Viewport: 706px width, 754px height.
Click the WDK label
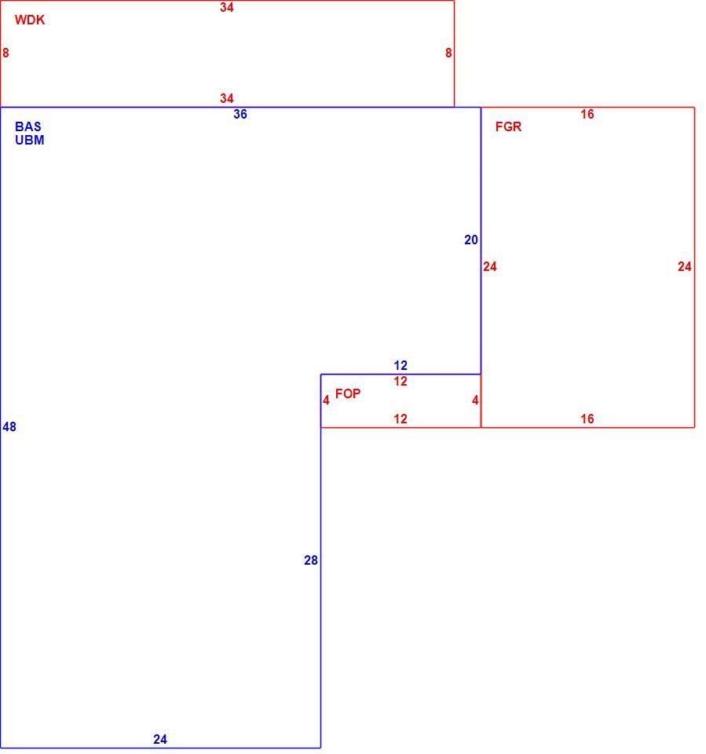(30, 20)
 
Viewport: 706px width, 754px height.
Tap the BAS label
(28, 126)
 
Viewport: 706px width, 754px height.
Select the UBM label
(29, 140)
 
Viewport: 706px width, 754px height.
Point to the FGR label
(508, 126)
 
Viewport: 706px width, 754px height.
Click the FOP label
(348, 393)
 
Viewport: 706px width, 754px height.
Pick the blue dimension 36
(240, 114)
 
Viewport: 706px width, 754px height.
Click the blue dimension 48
(9, 426)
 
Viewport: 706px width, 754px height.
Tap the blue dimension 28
(311, 560)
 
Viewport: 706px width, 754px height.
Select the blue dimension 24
(160, 739)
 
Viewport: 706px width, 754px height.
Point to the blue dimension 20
(471, 240)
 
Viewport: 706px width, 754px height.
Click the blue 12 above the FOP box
(401, 365)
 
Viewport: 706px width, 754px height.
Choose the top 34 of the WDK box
(226, 7)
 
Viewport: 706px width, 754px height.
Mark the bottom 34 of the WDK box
(226, 99)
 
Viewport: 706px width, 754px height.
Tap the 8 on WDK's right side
(448, 53)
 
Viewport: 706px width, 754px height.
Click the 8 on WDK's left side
(5, 53)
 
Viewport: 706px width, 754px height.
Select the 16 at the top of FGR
(587, 114)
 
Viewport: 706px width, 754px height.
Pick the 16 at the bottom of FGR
(587, 419)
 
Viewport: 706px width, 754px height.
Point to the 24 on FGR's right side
(684, 266)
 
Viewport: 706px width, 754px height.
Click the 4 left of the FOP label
(326, 400)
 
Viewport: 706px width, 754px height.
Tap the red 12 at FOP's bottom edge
(401, 419)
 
